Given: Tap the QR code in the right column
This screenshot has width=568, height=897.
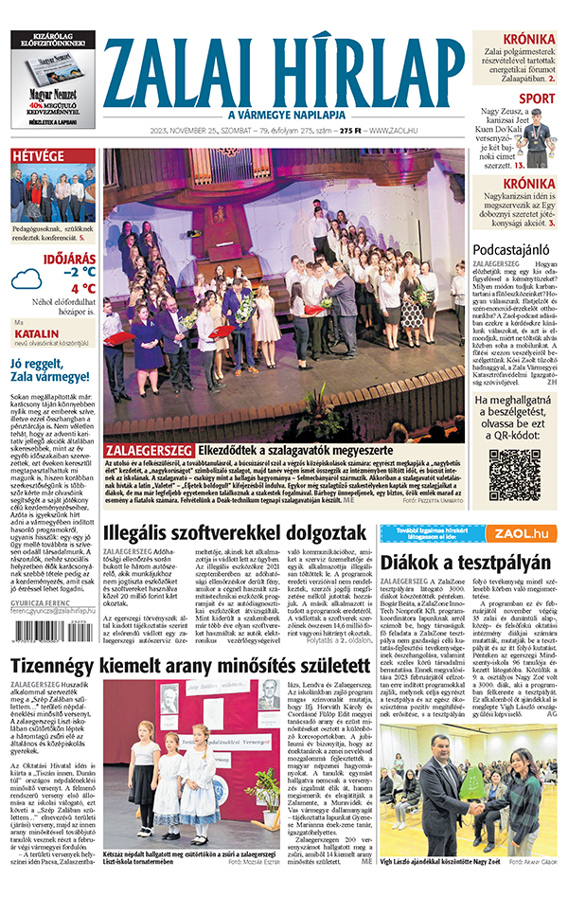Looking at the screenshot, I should (x=514, y=475).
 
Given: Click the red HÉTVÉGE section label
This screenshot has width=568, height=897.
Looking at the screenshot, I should (x=37, y=155).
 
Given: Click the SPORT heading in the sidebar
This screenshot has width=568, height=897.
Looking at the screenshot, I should (x=537, y=98).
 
